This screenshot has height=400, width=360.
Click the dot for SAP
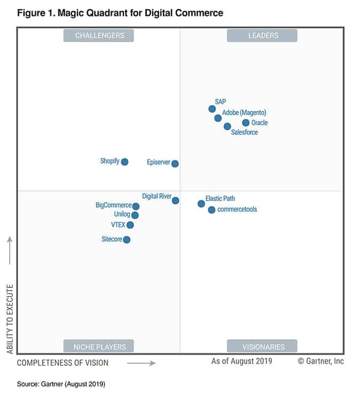212,109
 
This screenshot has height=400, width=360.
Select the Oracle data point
246,123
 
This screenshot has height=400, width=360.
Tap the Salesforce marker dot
227,126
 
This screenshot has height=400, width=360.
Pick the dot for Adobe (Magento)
218,118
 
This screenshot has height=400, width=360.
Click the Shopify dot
125,162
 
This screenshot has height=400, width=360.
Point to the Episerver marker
175,164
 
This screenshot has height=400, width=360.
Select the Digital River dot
175,201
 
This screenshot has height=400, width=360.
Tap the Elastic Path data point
201,204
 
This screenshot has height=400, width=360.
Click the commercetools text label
237,210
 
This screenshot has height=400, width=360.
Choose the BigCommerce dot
136,206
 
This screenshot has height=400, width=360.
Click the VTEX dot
130,225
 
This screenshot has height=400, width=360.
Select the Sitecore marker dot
126,239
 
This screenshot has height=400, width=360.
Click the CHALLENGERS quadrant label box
99,36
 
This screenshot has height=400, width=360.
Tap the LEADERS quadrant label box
262,36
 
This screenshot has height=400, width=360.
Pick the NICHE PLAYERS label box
99,347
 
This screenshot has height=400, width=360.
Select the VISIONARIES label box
262,347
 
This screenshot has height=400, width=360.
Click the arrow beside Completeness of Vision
141,363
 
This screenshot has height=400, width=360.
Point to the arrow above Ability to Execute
10,250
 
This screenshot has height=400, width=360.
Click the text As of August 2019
242,361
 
